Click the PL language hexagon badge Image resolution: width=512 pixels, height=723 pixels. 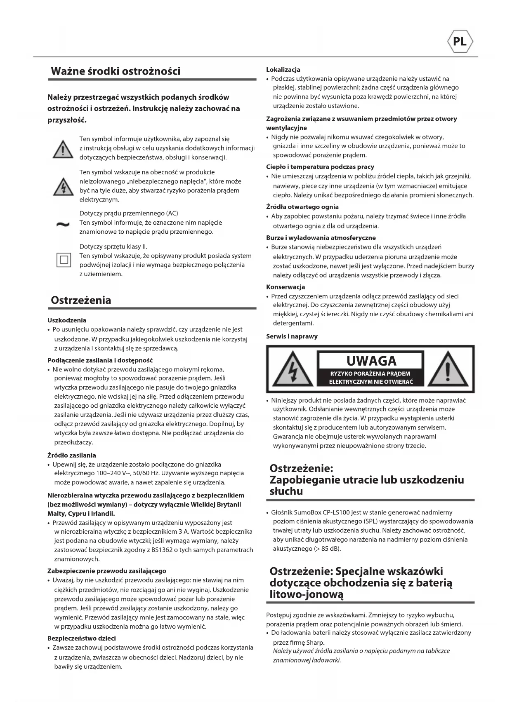460,42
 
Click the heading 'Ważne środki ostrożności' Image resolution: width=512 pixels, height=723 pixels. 116,71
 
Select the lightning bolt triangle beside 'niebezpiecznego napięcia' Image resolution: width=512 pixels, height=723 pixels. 63,187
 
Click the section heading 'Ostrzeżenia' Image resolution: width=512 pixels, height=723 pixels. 81,300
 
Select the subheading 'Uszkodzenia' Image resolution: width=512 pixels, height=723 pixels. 67,320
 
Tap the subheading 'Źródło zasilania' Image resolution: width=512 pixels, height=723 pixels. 72,455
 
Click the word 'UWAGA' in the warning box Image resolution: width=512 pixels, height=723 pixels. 371,361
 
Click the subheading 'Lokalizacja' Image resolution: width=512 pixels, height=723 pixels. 283,70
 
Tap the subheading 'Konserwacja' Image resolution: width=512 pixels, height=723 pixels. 285,287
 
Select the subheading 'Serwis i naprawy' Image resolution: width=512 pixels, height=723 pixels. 292,336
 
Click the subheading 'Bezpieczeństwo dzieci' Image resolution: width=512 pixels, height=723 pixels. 82,638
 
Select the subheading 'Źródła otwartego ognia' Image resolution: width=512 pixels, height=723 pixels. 302,207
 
